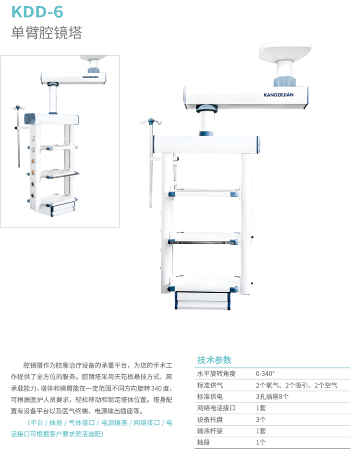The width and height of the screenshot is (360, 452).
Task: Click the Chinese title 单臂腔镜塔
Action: tap(47, 33)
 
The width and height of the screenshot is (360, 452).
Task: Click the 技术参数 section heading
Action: tap(214, 360)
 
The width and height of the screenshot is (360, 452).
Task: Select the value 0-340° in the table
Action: tap(265, 373)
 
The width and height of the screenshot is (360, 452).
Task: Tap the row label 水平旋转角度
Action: tap(216, 373)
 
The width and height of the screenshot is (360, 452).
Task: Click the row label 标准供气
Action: tap(210, 385)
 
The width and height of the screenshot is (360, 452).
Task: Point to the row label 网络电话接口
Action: tap(216, 408)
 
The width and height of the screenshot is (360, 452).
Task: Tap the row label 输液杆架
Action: tap(210, 431)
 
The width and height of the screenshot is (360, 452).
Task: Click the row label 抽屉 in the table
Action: tap(203, 442)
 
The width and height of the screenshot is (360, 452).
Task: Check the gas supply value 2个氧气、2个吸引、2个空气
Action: tap(297, 385)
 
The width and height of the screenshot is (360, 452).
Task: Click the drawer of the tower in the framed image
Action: tap(62, 207)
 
